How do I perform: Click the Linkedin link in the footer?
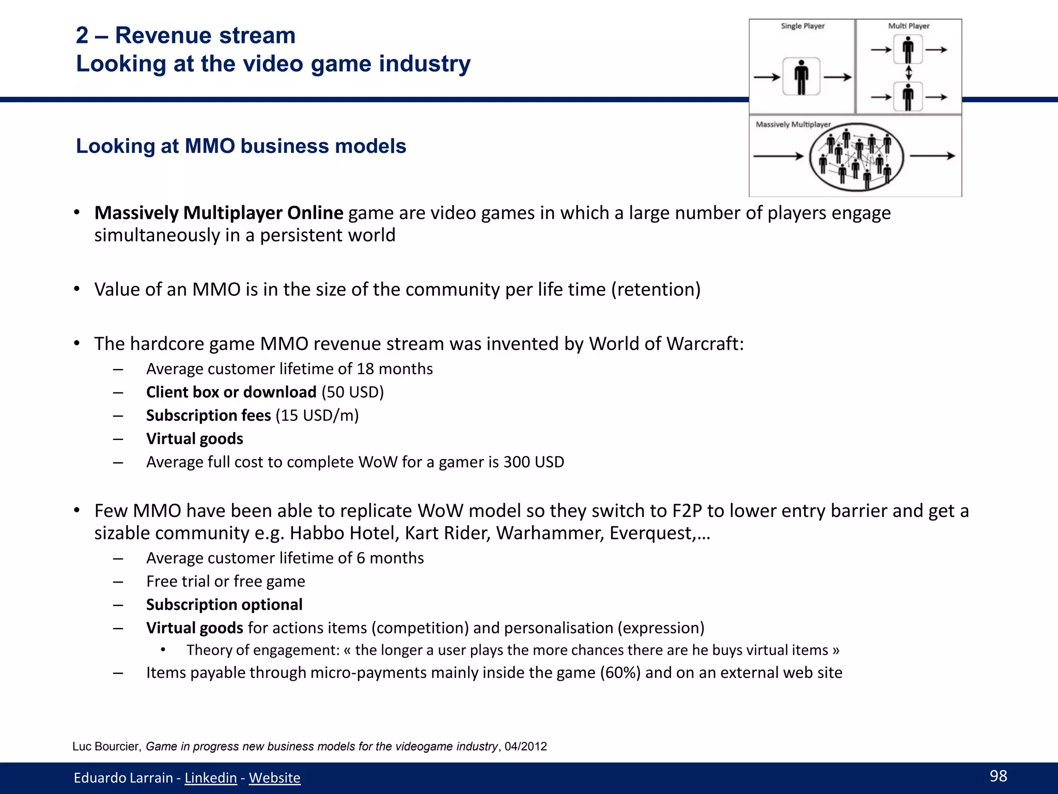click(x=210, y=777)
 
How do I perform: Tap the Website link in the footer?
click(x=274, y=777)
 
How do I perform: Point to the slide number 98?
click(x=998, y=776)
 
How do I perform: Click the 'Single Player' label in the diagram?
click(x=802, y=26)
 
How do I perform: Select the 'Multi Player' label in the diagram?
click(x=909, y=26)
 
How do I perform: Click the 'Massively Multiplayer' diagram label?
click(x=793, y=125)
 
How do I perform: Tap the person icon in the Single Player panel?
click(x=801, y=77)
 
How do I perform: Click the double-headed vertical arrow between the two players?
click(x=909, y=72)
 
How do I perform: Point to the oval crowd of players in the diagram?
click(x=856, y=157)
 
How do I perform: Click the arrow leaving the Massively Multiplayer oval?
click(x=932, y=156)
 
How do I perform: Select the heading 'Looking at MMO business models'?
click(x=241, y=146)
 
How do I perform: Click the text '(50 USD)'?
click(x=353, y=392)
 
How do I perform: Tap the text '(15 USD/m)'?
click(x=317, y=415)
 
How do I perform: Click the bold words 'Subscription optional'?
click(x=224, y=604)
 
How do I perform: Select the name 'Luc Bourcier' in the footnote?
click(x=106, y=746)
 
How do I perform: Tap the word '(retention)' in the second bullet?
click(x=656, y=289)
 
